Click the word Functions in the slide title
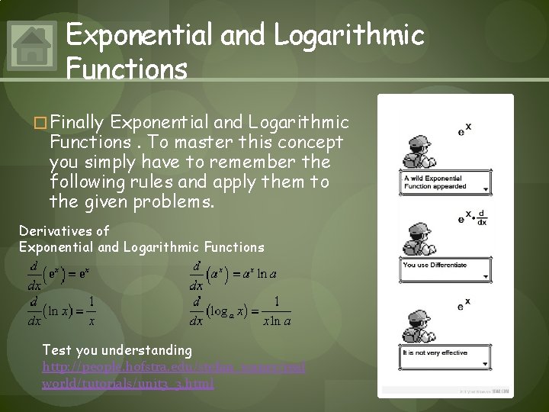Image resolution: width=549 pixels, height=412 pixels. (x=127, y=70)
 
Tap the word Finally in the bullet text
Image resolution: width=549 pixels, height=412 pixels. (x=79, y=123)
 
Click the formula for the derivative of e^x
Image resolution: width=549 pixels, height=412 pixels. (x=61, y=273)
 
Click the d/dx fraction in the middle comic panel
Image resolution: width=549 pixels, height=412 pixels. (x=482, y=217)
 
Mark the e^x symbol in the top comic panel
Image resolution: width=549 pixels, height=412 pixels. (x=464, y=129)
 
